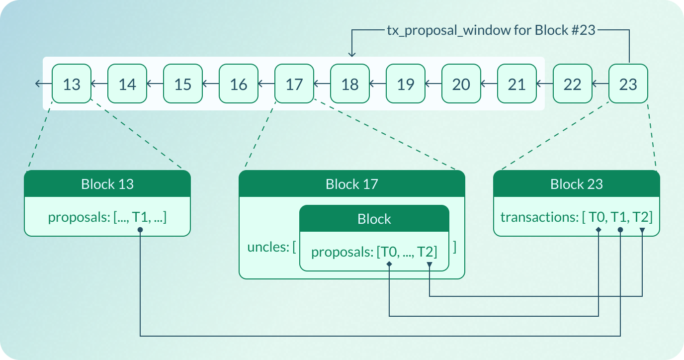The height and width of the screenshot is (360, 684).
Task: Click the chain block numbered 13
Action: tap(72, 84)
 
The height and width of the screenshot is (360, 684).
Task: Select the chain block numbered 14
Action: tap(127, 84)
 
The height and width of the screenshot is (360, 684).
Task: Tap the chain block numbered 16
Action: tap(239, 84)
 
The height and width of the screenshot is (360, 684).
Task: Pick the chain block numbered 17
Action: tap(294, 84)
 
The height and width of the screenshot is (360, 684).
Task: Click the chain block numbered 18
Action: tap(350, 84)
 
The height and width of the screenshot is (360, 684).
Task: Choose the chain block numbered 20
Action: tap(461, 84)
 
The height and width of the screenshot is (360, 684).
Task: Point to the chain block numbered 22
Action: tap(573, 84)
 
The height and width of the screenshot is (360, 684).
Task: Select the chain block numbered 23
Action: tap(628, 84)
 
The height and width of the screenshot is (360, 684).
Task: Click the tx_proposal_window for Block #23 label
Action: tap(491, 30)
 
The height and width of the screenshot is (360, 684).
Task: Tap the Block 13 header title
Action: tap(107, 184)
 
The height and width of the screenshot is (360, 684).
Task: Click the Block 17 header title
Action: tap(352, 184)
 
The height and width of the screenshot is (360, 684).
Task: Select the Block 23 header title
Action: tap(577, 184)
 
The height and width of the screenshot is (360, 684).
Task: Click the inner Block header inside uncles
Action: tap(374, 219)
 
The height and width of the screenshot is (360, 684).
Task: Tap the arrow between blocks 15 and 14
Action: tap(155, 84)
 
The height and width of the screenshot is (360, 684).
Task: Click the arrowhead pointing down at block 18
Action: tap(352, 55)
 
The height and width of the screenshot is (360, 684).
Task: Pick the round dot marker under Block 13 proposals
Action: tap(141, 230)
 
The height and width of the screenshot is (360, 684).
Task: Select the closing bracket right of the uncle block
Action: tap(455, 247)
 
